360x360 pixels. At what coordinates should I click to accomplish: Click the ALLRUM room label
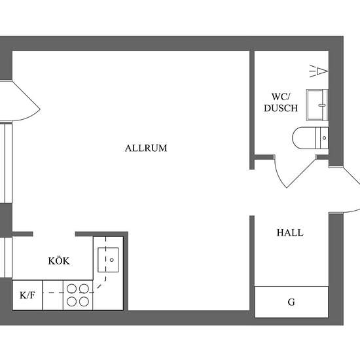[146, 148]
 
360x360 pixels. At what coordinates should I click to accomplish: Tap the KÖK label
[59, 261]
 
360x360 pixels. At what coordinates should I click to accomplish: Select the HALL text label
[290, 232]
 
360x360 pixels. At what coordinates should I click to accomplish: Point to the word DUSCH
[281, 108]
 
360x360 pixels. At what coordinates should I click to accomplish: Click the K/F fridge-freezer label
[27, 295]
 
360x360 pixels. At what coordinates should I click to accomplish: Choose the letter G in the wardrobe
[291, 302]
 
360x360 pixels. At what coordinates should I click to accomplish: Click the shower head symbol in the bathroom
[319, 71]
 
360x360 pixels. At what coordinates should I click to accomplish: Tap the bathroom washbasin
[317, 105]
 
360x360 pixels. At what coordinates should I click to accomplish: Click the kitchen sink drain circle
[112, 260]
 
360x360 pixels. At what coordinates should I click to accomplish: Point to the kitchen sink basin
[108, 260]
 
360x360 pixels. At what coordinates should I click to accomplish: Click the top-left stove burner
[71, 289]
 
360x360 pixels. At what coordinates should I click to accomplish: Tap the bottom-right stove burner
[84, 302]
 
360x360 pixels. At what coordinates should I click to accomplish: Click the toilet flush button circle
[324, 138]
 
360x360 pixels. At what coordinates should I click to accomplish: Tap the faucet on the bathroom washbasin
[322, 105]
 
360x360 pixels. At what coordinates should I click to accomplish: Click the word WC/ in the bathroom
[281, 97]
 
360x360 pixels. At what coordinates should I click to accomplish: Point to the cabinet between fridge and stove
[53, 295]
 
